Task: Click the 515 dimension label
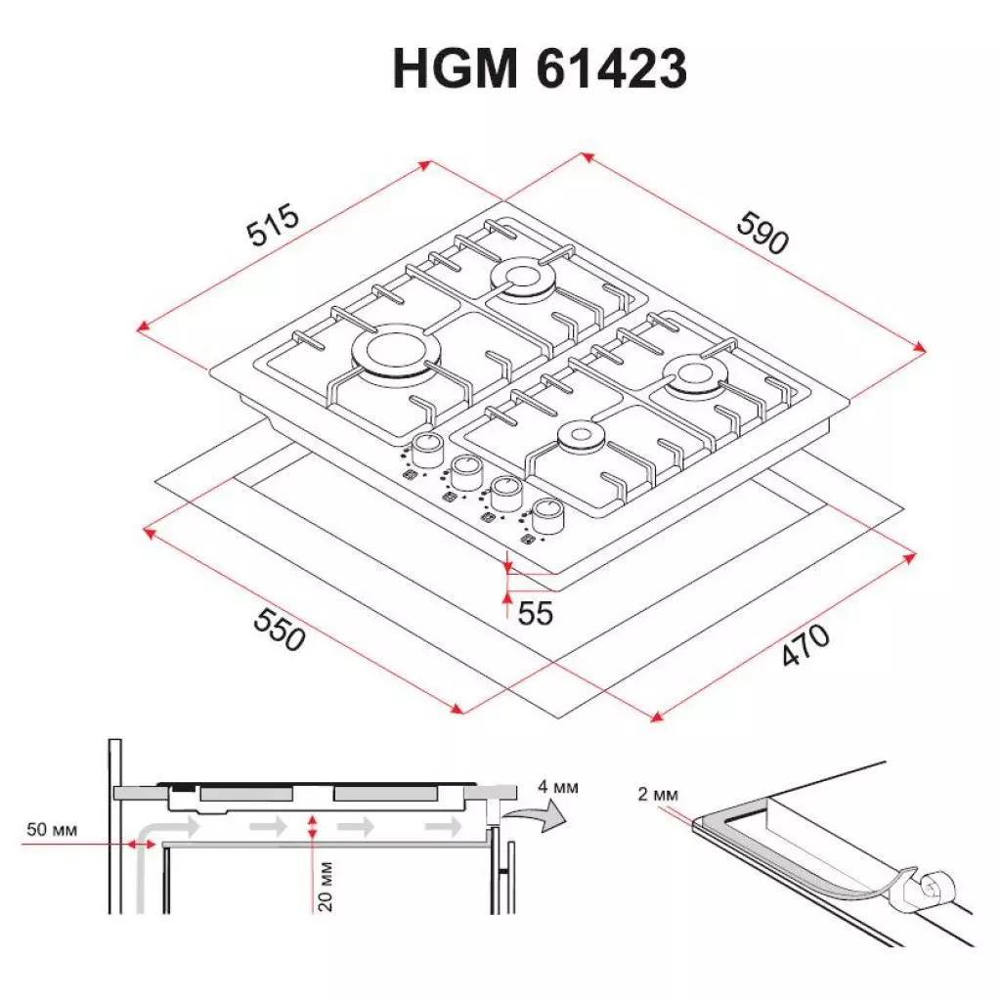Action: click(272, 229)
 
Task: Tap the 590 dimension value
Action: click(762, 234)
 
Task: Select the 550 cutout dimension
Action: click(280, 631)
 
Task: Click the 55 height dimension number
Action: click(536, 614)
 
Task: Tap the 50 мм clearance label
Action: click(52, 830)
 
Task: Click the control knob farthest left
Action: click(427, 450)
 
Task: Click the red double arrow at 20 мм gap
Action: click(312, 826)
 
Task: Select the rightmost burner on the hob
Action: click(696, 374)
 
